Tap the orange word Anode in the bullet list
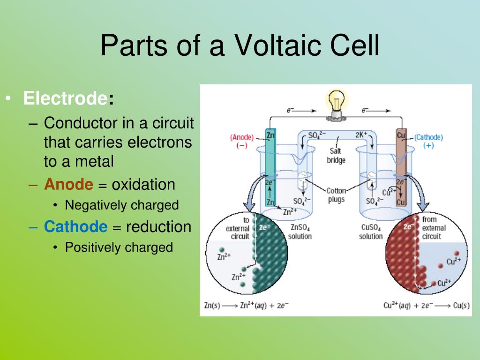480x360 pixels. click(69, 184)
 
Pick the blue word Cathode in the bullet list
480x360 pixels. click(75, 227)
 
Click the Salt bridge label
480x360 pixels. click(336, 156)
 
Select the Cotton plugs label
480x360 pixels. click(336, 195)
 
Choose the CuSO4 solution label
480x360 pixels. click(371, 232)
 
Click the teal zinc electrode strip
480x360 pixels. click(270, 169)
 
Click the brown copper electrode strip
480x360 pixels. click(400, 169)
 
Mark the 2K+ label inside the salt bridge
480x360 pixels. click(362, 135)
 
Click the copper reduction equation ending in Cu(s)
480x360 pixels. click(426, 305)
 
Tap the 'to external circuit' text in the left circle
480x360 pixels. click(238, 228)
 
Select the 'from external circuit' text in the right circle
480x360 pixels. click(434, 228)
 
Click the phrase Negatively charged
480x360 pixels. click(122, 205)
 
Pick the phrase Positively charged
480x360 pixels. click(119, 247)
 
